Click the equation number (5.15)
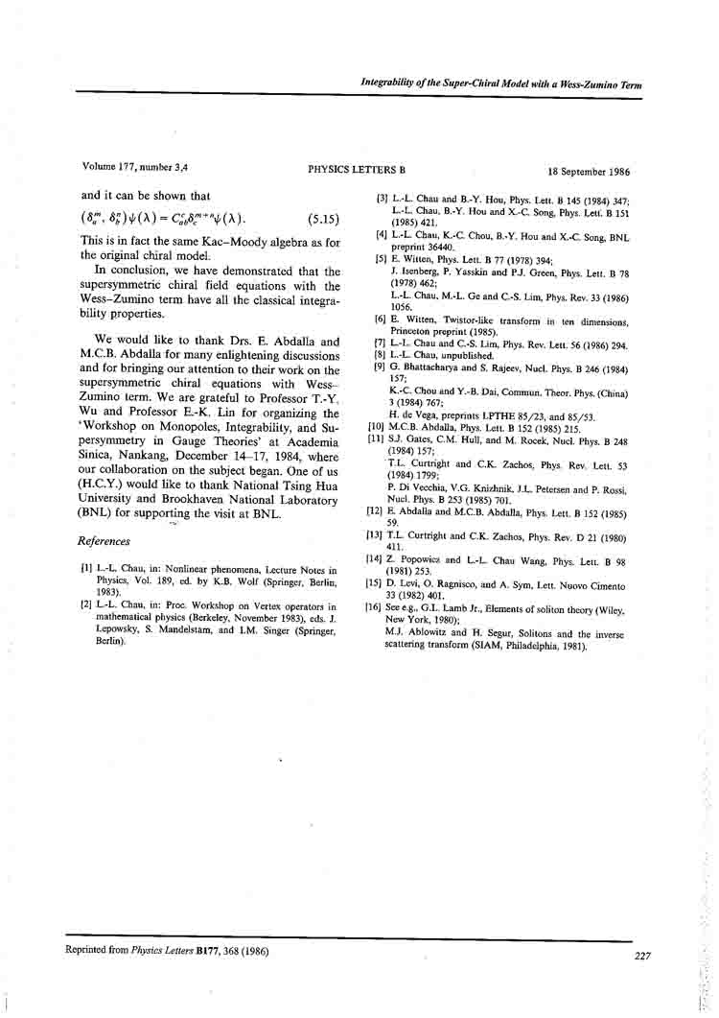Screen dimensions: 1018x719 click(x=324, y=219)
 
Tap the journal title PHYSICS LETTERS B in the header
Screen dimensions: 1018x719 click(x=358, y=170)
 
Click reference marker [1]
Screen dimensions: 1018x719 click(x=86, y=570)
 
